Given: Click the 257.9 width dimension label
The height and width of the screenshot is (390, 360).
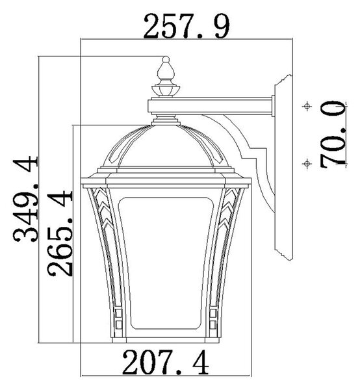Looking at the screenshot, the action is tap(186, 26).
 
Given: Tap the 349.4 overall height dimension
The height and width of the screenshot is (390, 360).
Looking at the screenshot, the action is tap(26, 199).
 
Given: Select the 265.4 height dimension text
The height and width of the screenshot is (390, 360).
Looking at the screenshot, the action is tap(60, 234).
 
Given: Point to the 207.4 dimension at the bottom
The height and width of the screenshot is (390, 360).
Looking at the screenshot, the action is tap(165, 362).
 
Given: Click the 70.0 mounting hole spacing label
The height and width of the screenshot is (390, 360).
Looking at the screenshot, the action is tap(333, 135).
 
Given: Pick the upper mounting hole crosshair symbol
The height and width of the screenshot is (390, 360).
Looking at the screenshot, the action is tap(307, 106).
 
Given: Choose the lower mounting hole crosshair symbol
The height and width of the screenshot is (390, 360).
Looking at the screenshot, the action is tap(307, 164).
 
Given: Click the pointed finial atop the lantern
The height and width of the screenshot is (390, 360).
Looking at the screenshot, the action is tap(166, 71).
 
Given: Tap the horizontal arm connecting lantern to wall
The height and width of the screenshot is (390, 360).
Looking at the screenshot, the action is tap(210, 106).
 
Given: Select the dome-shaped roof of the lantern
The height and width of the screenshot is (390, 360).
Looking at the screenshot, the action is tap(166, 146).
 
